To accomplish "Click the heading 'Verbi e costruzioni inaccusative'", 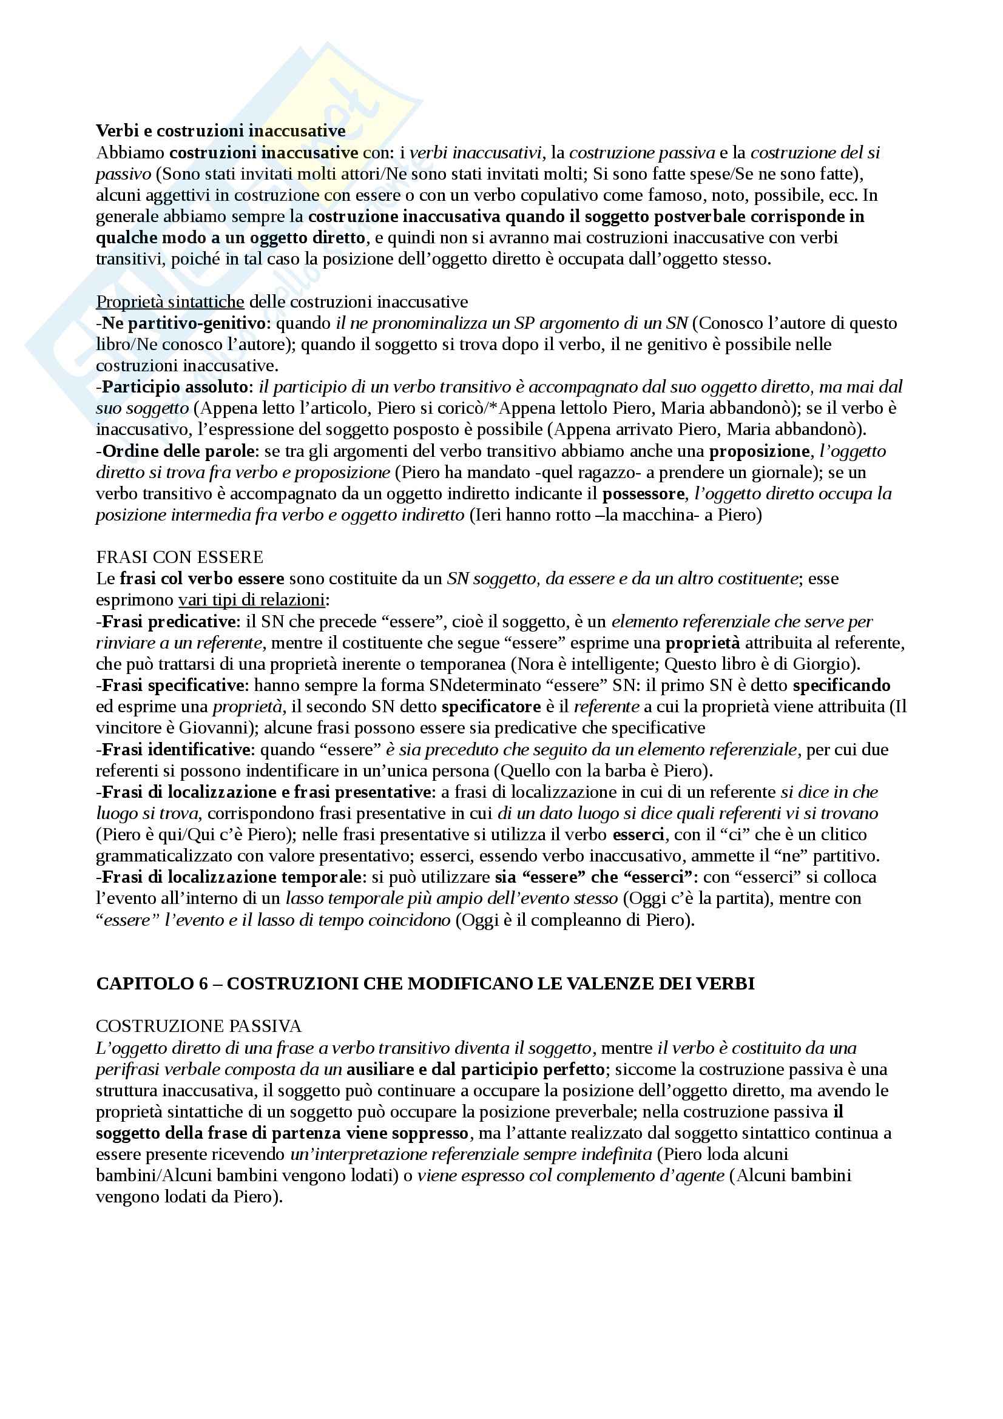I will pyautogui.click(x=221, y=131).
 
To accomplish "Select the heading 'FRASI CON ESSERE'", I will pyautogui.click(x=180, y=558).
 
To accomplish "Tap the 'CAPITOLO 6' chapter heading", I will pyautogui.click(x=425, y=983).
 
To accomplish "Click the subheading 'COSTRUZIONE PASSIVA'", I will pyautogui.click(x=199, y=1026).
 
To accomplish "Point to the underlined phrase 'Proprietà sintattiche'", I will pyautogui.click(x=170, y=302).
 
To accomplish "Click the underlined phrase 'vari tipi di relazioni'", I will pyautogui.click(x=252, y=599).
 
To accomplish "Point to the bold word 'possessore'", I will pyautogui.click(x=643, y=494).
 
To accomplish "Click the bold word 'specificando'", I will pyautogui.click(x=841, y=686).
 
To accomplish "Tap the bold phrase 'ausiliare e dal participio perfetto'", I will pyautogui.click(x=475, y=1069).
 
